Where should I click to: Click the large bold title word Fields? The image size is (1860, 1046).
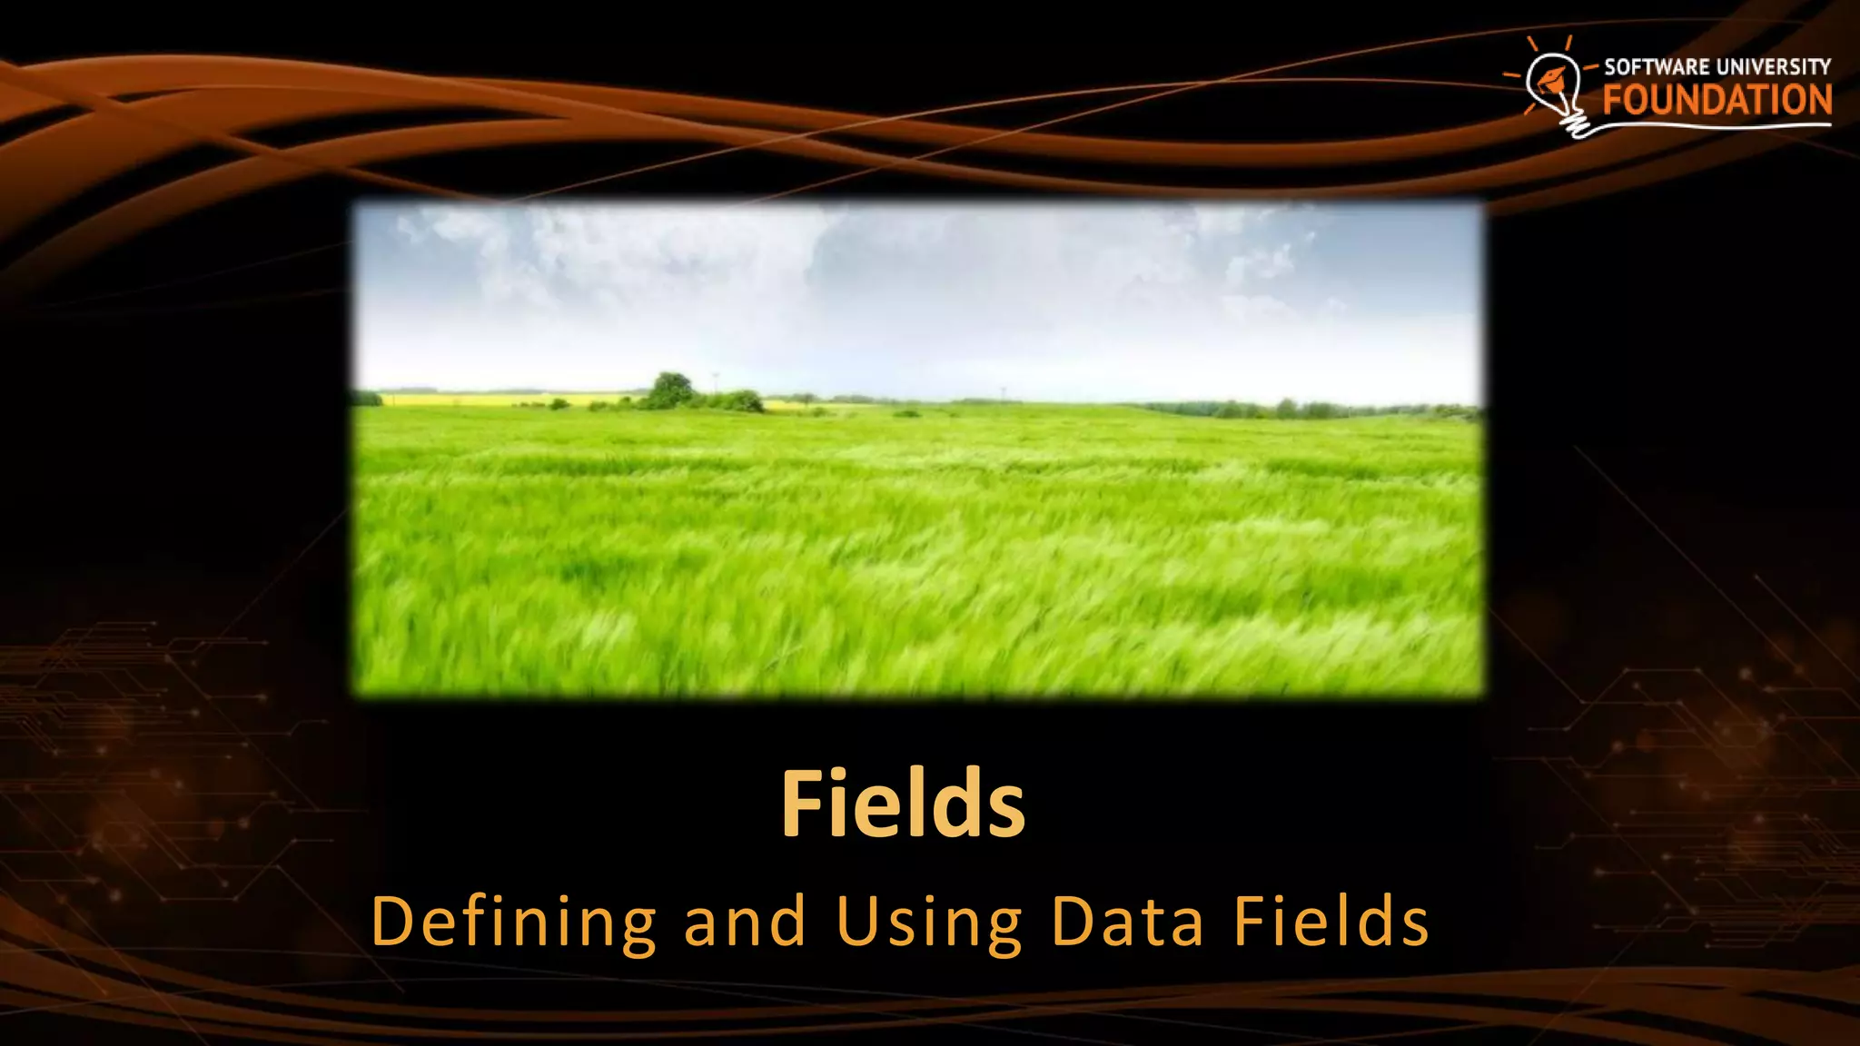903,804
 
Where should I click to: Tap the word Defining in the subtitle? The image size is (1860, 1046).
513,923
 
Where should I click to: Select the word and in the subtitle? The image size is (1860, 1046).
745,923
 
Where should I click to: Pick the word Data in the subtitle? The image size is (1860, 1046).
1127,923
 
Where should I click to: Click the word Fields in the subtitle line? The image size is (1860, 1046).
1331,923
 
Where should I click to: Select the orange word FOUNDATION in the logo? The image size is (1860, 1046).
1717,100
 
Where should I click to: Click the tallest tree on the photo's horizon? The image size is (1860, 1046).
671,389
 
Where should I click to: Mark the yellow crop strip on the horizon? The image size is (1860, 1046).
509,399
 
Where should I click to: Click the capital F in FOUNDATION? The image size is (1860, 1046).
1613,100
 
